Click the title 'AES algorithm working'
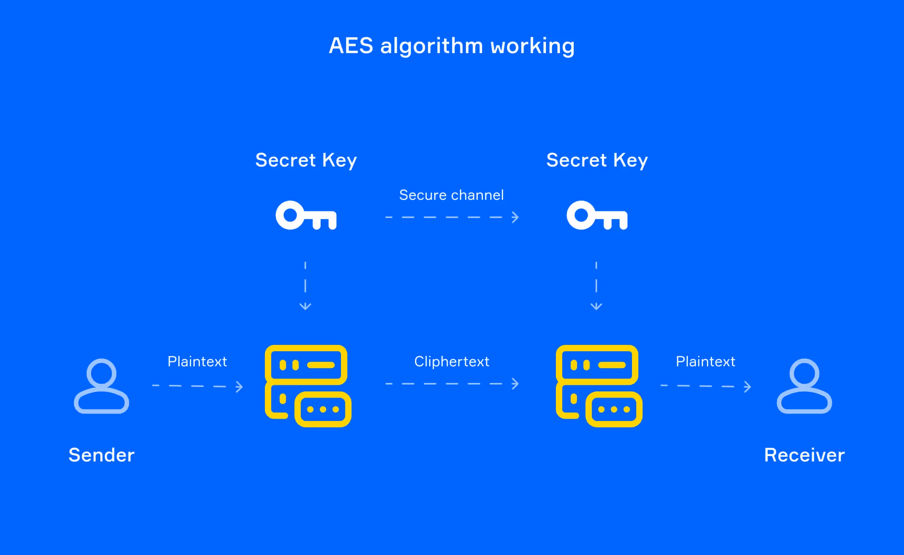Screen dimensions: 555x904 tap(452, 46)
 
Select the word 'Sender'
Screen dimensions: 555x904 tap(102, 455)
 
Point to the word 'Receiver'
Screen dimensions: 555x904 tap(804, 455)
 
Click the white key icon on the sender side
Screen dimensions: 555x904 tap(306, 215)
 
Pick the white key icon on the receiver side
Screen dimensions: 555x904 tap(597, 215)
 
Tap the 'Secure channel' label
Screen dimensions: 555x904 tap(451, 195)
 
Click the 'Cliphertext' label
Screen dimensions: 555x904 tap(452, 362)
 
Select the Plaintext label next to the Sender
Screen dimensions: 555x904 tap(197, 362)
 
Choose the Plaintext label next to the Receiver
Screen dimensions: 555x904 tap(705, 362)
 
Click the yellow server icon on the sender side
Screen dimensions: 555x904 tap(308, 386)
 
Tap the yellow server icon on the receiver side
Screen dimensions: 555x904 tap(599, 386)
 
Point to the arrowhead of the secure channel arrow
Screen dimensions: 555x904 tap(515, 217)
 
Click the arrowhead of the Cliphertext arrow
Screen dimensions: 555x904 tap(515, 384)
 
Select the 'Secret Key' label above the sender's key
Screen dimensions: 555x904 tap(306, 160)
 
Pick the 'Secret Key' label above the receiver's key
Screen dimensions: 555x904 tap(597, 160)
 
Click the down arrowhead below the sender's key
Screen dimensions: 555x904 tap(305, 306)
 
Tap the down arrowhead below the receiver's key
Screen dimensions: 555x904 tap(596, 306)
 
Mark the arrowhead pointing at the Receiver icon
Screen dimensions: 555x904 tap(748, 387)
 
